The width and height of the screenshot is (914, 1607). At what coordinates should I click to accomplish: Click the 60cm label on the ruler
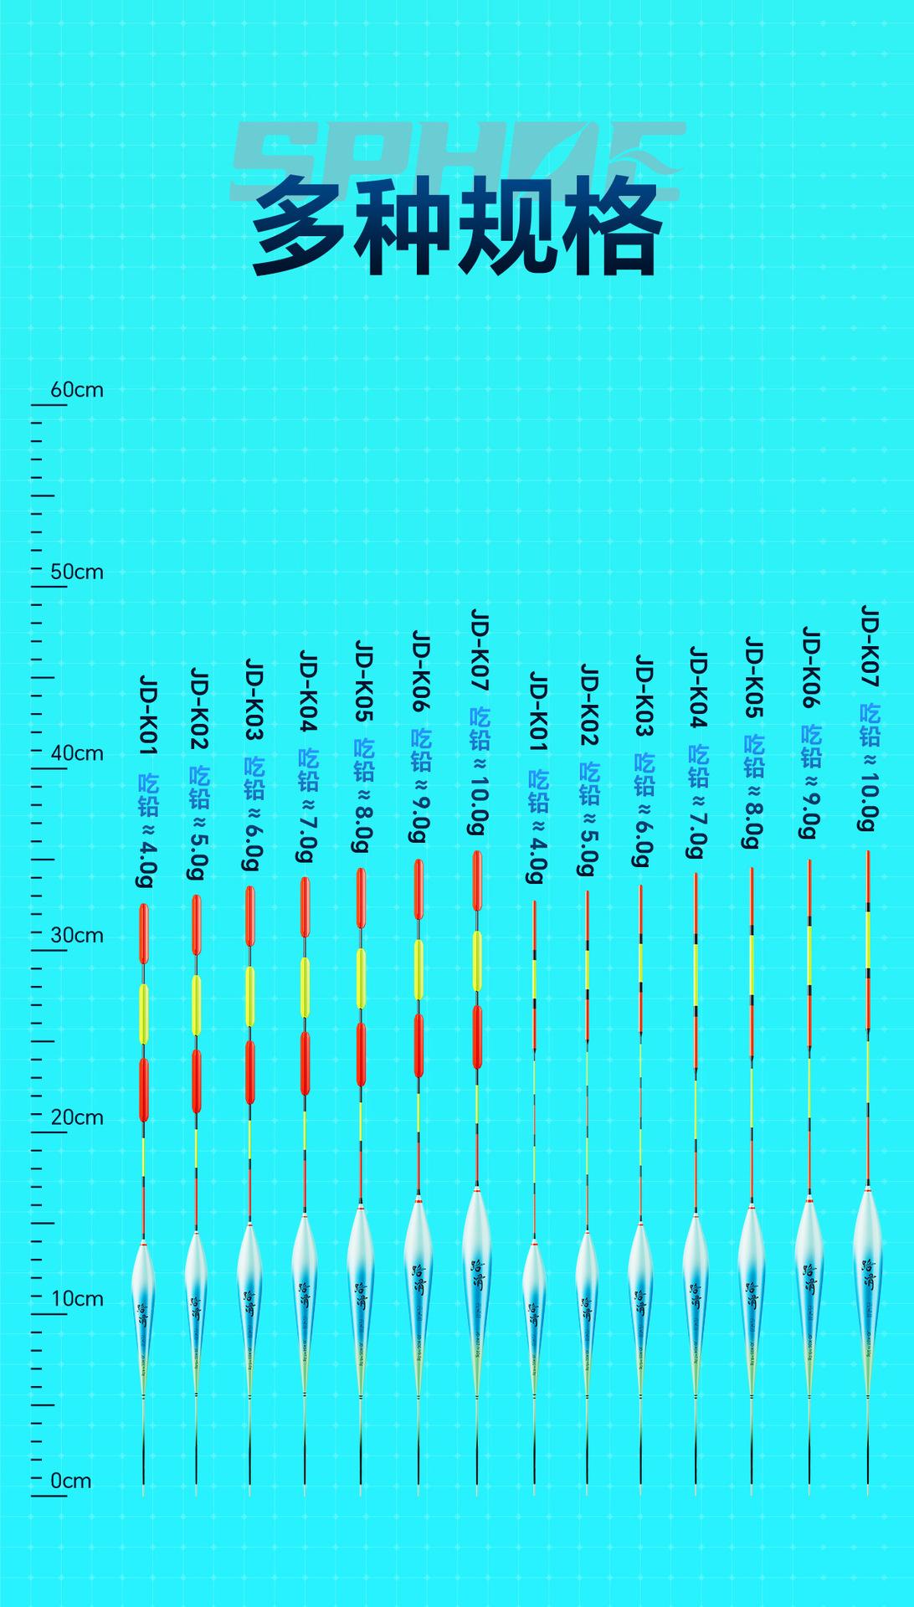coord(77,390)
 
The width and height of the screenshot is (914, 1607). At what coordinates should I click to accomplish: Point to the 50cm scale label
coord(77,572)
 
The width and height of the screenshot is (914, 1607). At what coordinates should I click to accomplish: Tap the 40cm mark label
coord(77,753)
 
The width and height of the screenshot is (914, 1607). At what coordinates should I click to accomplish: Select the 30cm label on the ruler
coord(77,936)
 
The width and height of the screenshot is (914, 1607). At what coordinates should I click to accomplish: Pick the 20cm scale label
coord(77,1117)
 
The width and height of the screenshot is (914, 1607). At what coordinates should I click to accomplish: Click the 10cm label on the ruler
coord(77,1299)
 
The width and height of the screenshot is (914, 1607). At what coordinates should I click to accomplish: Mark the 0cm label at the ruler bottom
coord(71,1481)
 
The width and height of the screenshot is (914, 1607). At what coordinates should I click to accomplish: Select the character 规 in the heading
coord(507,228)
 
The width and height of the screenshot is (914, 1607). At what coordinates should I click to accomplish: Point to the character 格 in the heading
coord(611,228)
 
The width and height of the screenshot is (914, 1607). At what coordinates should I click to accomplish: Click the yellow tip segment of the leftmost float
coord(144,1014)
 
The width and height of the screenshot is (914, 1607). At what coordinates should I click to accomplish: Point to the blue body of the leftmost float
coord(143,1306)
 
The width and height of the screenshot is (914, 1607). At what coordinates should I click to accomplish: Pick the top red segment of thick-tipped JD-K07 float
coord(477,881)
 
